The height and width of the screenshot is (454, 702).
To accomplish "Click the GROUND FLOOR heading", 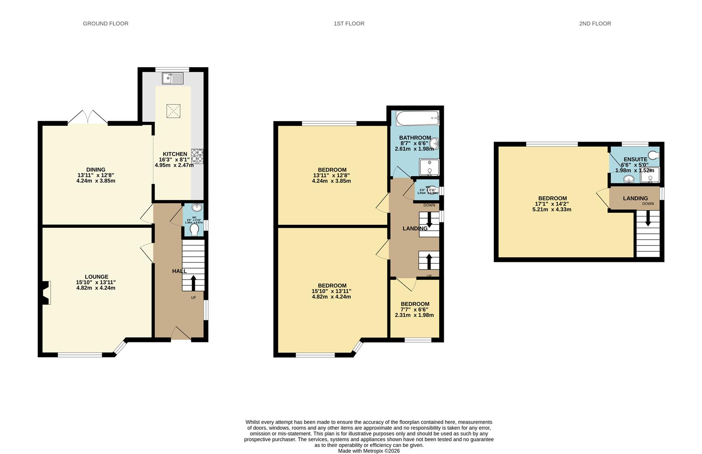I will click(105, 24).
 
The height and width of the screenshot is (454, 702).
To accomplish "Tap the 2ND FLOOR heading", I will click(595, 24).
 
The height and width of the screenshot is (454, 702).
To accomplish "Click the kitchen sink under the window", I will click(173, 78).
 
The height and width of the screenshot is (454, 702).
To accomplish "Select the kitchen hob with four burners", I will click(197, 156).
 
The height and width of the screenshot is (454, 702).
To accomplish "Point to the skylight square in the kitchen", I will click(173, 111).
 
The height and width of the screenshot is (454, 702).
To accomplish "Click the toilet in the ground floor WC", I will click(194, 230).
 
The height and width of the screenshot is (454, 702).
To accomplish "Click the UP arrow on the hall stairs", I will click(193, 282).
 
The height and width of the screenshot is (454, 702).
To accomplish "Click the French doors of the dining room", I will click(88, 117).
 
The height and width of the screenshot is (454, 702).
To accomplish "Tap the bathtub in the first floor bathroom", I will click(417, 119).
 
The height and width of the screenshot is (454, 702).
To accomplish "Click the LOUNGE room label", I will click(96, 277).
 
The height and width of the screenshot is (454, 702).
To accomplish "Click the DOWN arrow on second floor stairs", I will click(648, 218).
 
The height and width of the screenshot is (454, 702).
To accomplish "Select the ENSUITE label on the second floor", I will click(635, 159).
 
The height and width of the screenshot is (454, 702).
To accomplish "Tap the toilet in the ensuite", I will click(653, 154).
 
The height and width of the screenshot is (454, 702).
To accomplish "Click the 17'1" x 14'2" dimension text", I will click(552, 204).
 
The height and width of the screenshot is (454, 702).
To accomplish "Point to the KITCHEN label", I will click(175, 154).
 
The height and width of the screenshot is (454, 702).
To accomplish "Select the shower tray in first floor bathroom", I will click(429, 167).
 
